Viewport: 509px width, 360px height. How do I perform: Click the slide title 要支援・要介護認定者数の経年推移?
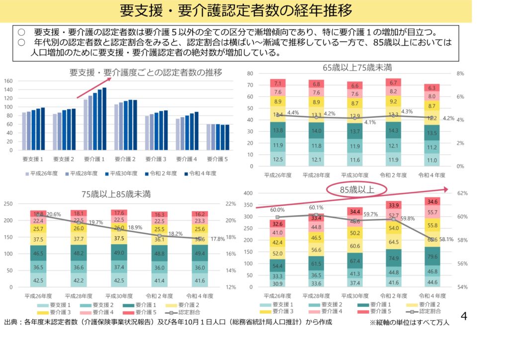pyautogui.click(x=236, y=11)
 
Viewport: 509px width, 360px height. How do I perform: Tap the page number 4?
pyautogui.click(x=463, y=317)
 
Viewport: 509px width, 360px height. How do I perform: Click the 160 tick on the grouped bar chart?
pyautogui.click(x=8, y=81)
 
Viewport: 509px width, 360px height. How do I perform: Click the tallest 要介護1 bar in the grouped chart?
pyautogui.click(x=104, y=118)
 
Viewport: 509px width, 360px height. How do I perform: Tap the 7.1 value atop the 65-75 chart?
pyautogui.click(x=278, y=84)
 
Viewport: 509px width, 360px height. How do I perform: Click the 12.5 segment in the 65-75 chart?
pyautogui.click(x=278, y=159)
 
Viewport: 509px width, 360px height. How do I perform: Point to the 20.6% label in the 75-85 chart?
pyautogui.click(x=53, y=215)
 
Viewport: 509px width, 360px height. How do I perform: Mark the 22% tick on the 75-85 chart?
pyautogui.click(x=231, y=204)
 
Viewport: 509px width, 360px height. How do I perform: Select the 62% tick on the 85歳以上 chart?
pyautogui.click(x=462, y=193)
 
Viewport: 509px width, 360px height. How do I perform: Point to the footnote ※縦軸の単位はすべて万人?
pyautogui.click(x=409, y=323)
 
